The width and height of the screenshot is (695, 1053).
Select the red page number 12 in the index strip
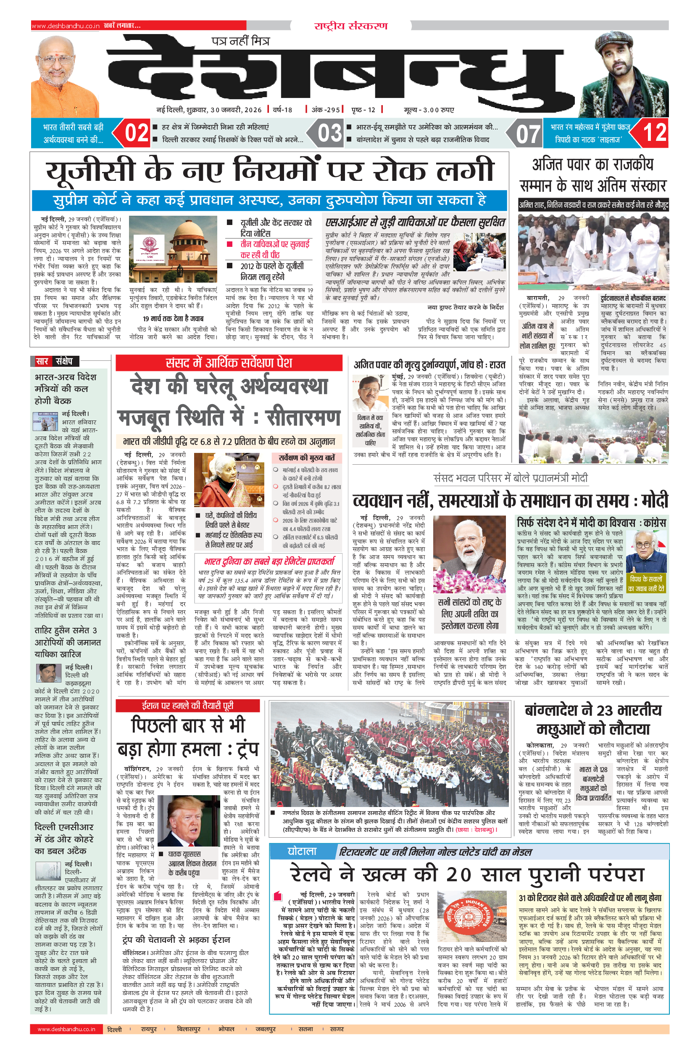tap(654, 133)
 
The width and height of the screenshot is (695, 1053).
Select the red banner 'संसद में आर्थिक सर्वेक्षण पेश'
tap(229, 363)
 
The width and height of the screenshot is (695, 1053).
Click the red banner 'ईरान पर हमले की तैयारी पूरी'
tap(187, 706)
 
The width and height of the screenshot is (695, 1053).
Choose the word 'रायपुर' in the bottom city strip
tap(149, 1029)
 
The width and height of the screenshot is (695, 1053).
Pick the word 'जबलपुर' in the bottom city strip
tap(265, 1029)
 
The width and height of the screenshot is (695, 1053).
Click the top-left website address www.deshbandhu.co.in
tap(66, 26)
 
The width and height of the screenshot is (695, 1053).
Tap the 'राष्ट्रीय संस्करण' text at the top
tap(350, 26)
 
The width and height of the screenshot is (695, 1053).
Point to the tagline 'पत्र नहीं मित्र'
tap(240, 41)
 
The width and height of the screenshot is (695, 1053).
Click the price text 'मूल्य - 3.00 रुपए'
tap(429, 110)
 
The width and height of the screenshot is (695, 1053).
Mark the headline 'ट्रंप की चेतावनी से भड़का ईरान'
tap(176, 940)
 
